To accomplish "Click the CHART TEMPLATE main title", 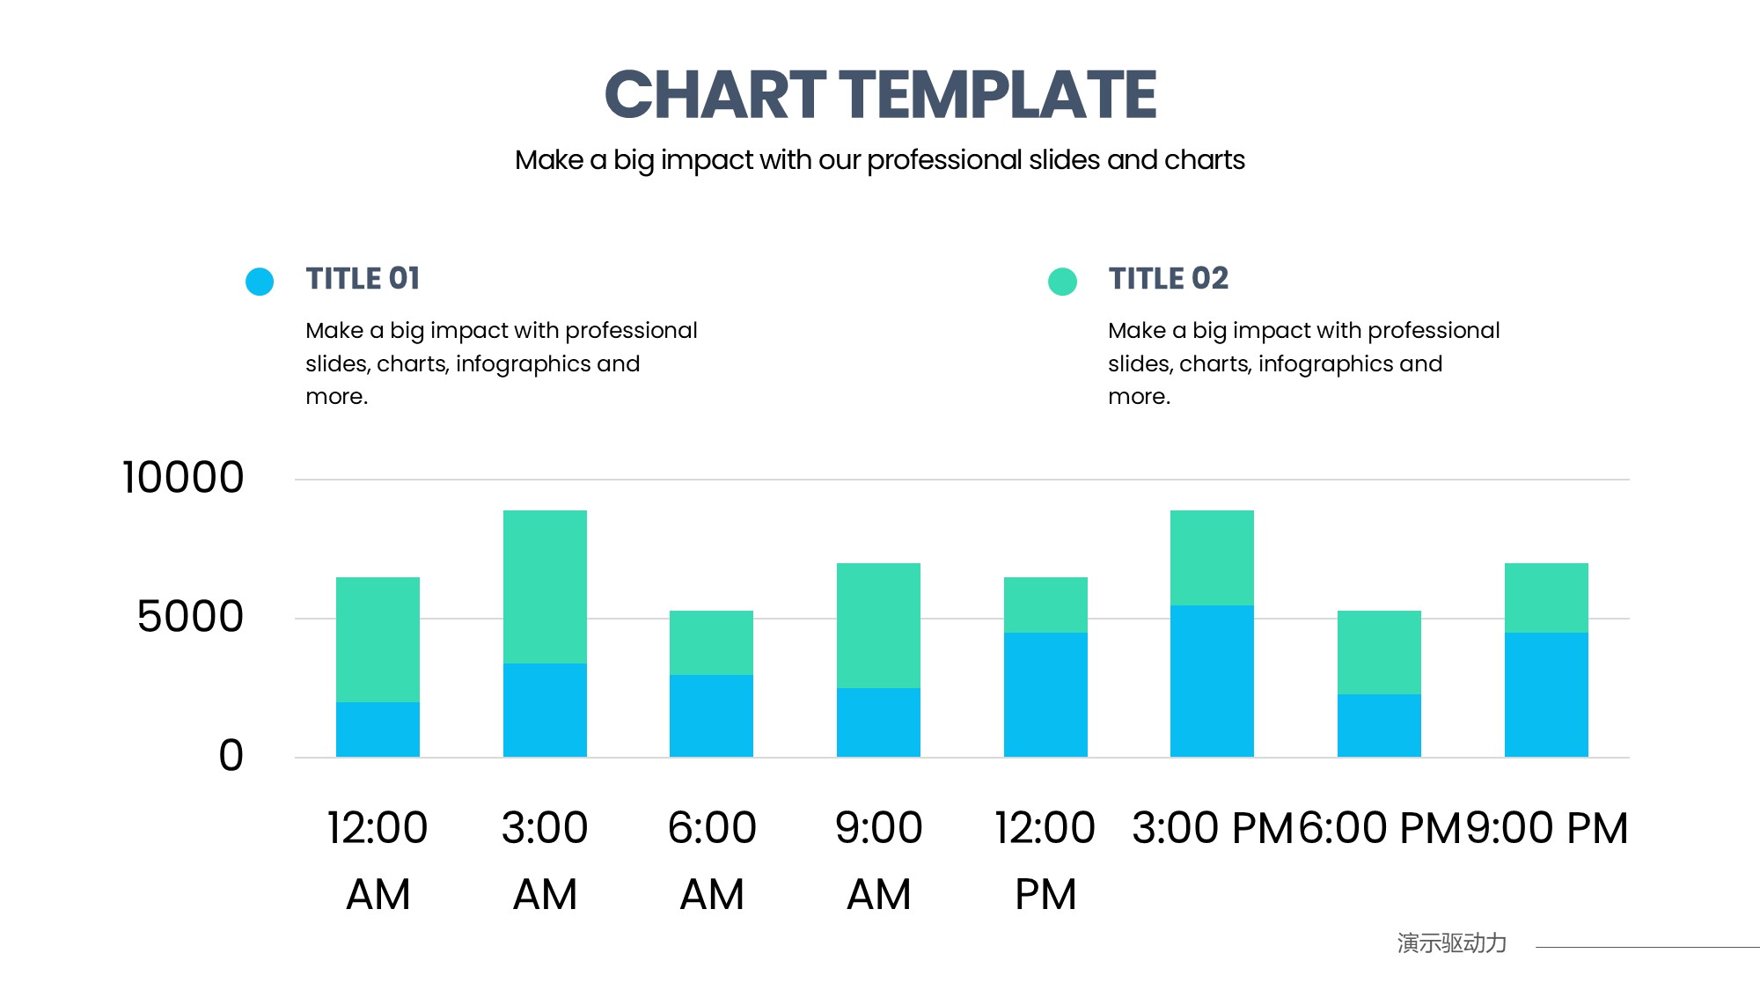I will pos(880,94).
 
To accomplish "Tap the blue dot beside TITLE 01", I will pos(260,282).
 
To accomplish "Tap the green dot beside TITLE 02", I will pos(1062,282).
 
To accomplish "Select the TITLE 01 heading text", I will pos(363,278).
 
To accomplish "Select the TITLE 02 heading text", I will pos(1168,278).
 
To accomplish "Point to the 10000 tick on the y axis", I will pos(183,478).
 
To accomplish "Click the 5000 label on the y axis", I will pos(190,617).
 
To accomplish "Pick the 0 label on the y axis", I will pos(231,755).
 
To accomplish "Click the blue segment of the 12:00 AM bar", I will pos(378,730).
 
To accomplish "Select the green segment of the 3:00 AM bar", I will pos(545,586).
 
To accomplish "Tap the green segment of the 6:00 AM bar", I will pos(711,642).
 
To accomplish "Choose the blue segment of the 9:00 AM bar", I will pos(878,722).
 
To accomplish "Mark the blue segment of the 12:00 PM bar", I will pos(1045,694).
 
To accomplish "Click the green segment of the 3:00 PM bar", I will pos(1212,557).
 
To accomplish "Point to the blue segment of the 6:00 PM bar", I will pos(1379,725).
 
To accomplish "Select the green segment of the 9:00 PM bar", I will pos(1546,598).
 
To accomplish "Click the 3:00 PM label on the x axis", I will pos(1212,828).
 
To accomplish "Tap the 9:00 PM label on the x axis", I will pos(1546,828).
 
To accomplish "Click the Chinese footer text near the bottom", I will pos(1451,943).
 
